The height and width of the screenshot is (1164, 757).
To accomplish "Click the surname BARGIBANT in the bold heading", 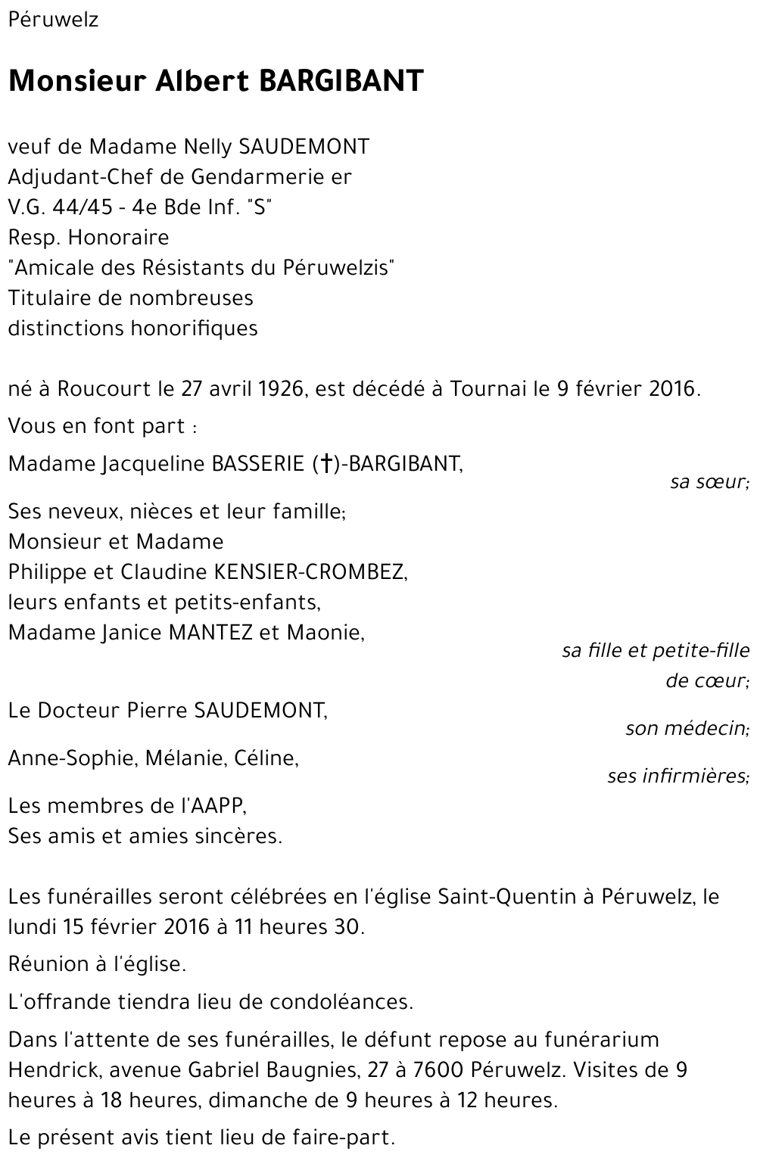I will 341,81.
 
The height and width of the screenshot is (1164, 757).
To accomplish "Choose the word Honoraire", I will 118,237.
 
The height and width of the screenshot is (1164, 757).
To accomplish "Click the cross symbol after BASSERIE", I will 326,463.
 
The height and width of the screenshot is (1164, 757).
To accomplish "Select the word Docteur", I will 79,710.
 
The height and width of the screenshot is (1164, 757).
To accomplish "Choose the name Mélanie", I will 179,758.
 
